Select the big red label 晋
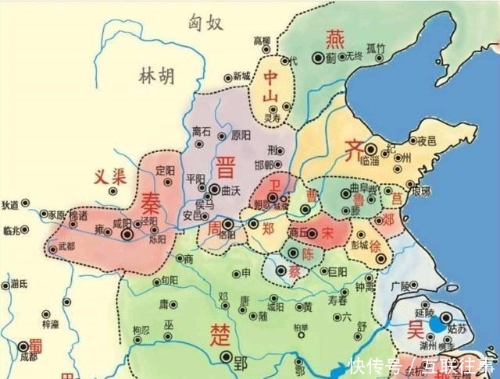[x=227, y=166]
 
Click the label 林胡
[x=156, y=76]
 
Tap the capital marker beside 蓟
[x=318, y=57]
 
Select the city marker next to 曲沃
[x=212, y=189]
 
